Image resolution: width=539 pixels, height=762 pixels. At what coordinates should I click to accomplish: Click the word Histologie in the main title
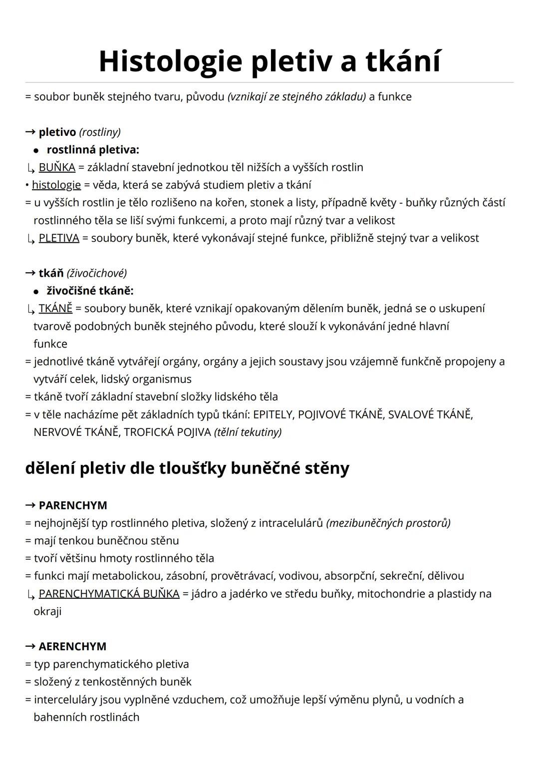point(171,61)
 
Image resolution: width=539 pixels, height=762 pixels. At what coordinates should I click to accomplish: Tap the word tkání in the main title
point(403,61)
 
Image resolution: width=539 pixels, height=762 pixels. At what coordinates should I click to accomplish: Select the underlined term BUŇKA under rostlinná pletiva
point(57,167)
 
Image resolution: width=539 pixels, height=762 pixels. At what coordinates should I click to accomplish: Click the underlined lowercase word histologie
point(56,185)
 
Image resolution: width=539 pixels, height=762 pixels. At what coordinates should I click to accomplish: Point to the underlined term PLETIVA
point(59,238)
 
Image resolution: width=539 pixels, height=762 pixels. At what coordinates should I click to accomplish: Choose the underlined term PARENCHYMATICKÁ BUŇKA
point(109,593)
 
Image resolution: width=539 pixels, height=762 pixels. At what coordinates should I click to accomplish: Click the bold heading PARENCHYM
point(73,505)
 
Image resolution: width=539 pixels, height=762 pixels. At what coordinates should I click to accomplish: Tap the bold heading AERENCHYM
point(72,646)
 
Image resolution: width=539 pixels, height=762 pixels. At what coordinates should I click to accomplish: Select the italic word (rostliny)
point(100,132)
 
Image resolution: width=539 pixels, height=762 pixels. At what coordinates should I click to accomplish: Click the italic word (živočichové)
point(96,273)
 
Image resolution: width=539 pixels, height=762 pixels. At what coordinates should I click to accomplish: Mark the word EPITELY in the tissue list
point(273,414)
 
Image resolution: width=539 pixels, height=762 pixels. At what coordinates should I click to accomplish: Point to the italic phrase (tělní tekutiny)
point(248,432)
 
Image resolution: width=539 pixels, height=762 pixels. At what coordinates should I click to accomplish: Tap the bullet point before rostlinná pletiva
point(36,150)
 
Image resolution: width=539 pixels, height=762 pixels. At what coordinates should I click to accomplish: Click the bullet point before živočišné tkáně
point(36,291)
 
